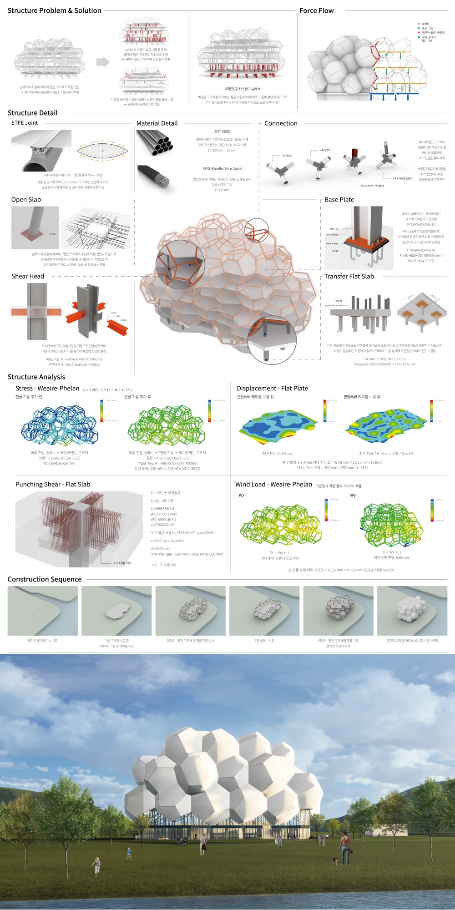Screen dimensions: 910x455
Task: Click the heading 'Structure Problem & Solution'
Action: (x=54, y=10)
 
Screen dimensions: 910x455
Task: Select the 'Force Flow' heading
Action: (x=316, y=10)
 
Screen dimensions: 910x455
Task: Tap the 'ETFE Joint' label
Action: (x=25, y=123)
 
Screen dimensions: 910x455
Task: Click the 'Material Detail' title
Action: (x=157, y=123)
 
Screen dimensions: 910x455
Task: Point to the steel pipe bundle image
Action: (x=155, y=142)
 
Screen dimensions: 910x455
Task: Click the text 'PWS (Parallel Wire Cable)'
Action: (x=222, y=168)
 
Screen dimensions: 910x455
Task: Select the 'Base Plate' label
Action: (x=339, y=200)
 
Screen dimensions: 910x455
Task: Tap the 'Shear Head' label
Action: (x=28, y=276)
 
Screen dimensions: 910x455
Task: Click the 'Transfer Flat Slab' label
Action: (x=349, y=276)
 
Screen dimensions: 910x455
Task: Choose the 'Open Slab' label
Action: (x=26, y=200)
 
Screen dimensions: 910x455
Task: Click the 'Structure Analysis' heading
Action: (x=36, y=377)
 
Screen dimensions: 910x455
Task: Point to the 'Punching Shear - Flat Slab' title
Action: (x=53, y=485)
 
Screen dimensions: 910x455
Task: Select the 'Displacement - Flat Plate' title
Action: (x=272, y=389)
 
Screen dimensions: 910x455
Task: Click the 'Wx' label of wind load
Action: (x=242, y=495)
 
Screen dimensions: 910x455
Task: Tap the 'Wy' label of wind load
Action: (x=353, y=495)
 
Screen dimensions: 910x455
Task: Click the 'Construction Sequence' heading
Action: (x=45, y=579)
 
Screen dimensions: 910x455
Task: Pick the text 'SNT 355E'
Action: (x=222, y=131)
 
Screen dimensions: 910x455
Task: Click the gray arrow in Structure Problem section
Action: (x=103, y=62)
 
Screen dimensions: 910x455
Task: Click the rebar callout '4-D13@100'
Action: (x=122, y=563)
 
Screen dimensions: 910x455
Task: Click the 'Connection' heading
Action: (x=281, y=123)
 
